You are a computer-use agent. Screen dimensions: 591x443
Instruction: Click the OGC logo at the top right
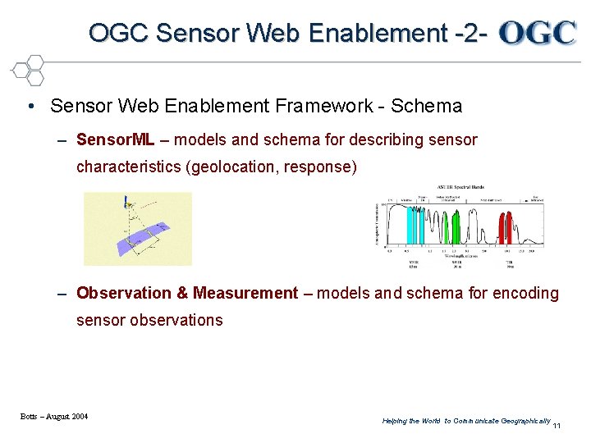[538, 33]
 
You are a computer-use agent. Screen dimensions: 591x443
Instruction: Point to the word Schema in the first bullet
[427, 106]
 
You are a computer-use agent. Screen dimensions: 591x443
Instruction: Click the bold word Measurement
[245, 293]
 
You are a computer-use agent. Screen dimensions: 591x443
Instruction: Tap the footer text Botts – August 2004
[54, 417]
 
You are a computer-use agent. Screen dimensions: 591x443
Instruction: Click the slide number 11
[557, 426]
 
